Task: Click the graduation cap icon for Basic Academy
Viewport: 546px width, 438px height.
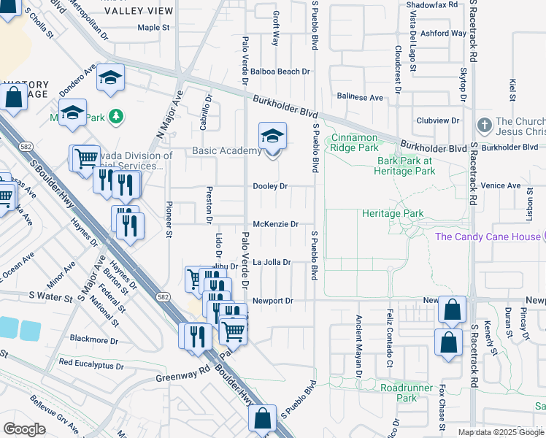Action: (x=272, y=137)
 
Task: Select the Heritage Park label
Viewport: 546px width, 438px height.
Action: (x=393, y=214)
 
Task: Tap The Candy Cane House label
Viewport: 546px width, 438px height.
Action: (x=487, y=237)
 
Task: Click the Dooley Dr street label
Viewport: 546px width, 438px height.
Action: (x=270, y=186)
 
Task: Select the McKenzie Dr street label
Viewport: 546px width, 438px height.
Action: (x=275, y=224)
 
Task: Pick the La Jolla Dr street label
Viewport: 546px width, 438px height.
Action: (x=272, y=262)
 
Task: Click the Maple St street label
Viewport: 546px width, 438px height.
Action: (x=153, y=28)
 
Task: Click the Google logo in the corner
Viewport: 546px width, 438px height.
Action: (x=24, y=429)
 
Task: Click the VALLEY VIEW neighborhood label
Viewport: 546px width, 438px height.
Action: (x=139, y=11)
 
